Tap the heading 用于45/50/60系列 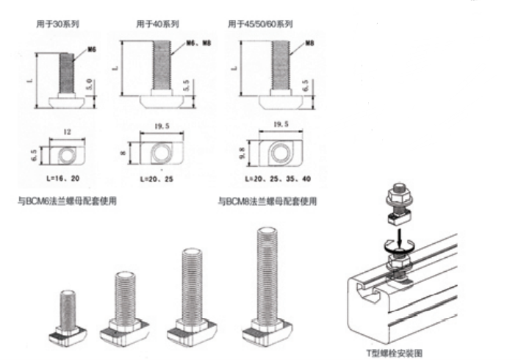[x=262, y=24]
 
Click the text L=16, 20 [x=63, y=179]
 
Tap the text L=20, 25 [x=157, y=179]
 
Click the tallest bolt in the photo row [x=268, y=287]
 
